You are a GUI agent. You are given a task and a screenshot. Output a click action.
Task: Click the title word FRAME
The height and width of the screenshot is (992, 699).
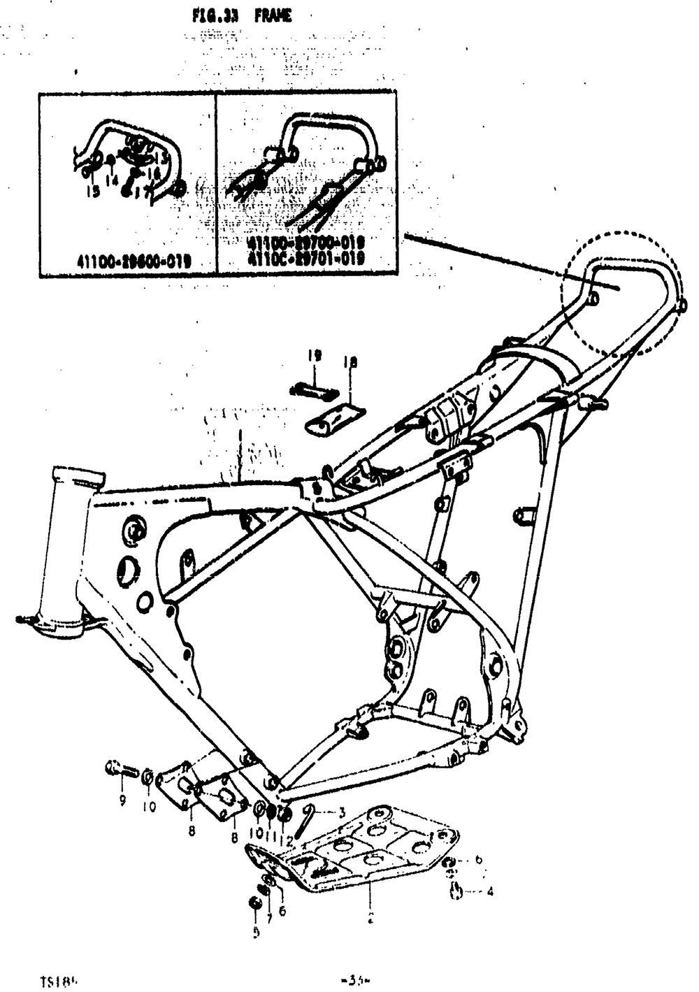point(273,15)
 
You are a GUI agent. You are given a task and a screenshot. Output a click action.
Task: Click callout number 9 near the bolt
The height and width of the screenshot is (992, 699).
point(122,800)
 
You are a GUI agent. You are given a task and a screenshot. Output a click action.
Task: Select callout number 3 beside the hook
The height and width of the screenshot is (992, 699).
point(342,813)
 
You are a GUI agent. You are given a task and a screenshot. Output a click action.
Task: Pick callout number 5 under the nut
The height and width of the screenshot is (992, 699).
point(256,931)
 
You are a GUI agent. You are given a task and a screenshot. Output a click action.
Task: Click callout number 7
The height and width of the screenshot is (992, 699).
point(269,918)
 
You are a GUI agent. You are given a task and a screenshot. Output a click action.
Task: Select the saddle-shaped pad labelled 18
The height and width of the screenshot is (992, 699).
point(335,418)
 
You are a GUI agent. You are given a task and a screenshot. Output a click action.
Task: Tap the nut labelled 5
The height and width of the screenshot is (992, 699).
point(255,903)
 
